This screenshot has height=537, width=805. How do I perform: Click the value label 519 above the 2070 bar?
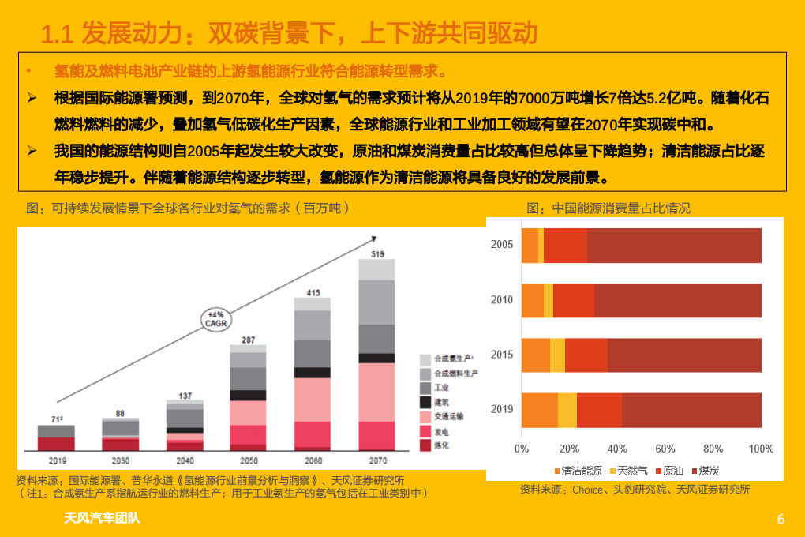tap(377, 253)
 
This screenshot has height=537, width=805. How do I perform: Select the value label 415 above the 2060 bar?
tap(313, 293)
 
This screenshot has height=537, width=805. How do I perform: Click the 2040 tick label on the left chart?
tap(185, 460)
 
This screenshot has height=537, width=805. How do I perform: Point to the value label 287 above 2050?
tap(249, 340)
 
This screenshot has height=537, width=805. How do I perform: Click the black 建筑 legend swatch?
tap(425, 402)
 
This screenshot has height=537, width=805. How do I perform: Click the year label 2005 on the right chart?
tap(502, 245)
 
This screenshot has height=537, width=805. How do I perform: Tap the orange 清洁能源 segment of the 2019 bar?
tap(540, 409)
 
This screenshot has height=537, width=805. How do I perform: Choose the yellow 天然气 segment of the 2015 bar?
tap(557, 355)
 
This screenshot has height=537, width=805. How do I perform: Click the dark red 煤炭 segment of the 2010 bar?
tap(677, 300)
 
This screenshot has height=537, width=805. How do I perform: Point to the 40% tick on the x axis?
tap(617, 449)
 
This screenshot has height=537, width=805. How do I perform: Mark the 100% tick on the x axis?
tap(761, 449)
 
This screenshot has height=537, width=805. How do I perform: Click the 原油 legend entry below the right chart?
tap(668, 470)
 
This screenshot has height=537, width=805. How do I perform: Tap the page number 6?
tap(781, 519)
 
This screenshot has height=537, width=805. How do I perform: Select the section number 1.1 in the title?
tap(57, 34)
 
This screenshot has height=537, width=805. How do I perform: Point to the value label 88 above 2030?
tap(120, 413)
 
